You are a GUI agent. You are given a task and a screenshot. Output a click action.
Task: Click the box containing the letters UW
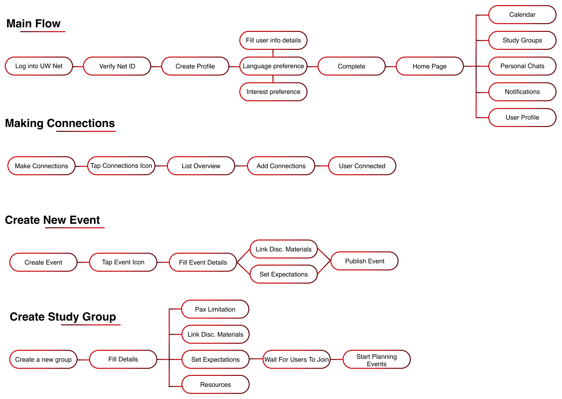click(38, 67)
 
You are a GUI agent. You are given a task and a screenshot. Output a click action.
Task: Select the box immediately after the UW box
click(116, 67)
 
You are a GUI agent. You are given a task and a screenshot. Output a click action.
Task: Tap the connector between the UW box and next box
click(77, 67)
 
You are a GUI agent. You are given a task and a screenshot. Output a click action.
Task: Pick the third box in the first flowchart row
click(195, 67)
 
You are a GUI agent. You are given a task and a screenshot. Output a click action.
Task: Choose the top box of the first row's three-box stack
click(272, 41)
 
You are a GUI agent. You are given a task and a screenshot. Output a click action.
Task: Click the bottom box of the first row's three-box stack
click(272, 92)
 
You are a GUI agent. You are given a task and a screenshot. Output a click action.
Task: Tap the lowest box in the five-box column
click(521, 118)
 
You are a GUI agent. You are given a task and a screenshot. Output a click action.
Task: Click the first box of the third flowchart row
click(42, 263)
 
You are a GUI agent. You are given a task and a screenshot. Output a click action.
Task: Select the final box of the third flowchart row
click(364, 262)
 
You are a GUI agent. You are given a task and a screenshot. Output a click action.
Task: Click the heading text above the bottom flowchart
click(63, 318)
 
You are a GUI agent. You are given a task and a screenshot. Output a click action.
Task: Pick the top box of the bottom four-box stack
click(216, 309)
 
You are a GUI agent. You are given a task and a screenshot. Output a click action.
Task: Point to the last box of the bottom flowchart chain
click(376, 359)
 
